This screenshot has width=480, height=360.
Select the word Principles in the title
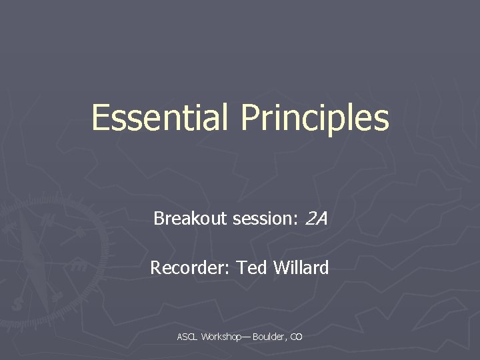pos(315,118)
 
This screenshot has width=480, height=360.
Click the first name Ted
pos(252,268)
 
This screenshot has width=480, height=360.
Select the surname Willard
pos(300,268)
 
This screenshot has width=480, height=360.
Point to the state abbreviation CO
pos(296,337)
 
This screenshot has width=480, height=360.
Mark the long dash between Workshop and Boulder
pos(247,337)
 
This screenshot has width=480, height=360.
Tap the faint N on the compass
pos(47,218)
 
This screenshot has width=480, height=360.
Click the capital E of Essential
pos(101,118)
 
